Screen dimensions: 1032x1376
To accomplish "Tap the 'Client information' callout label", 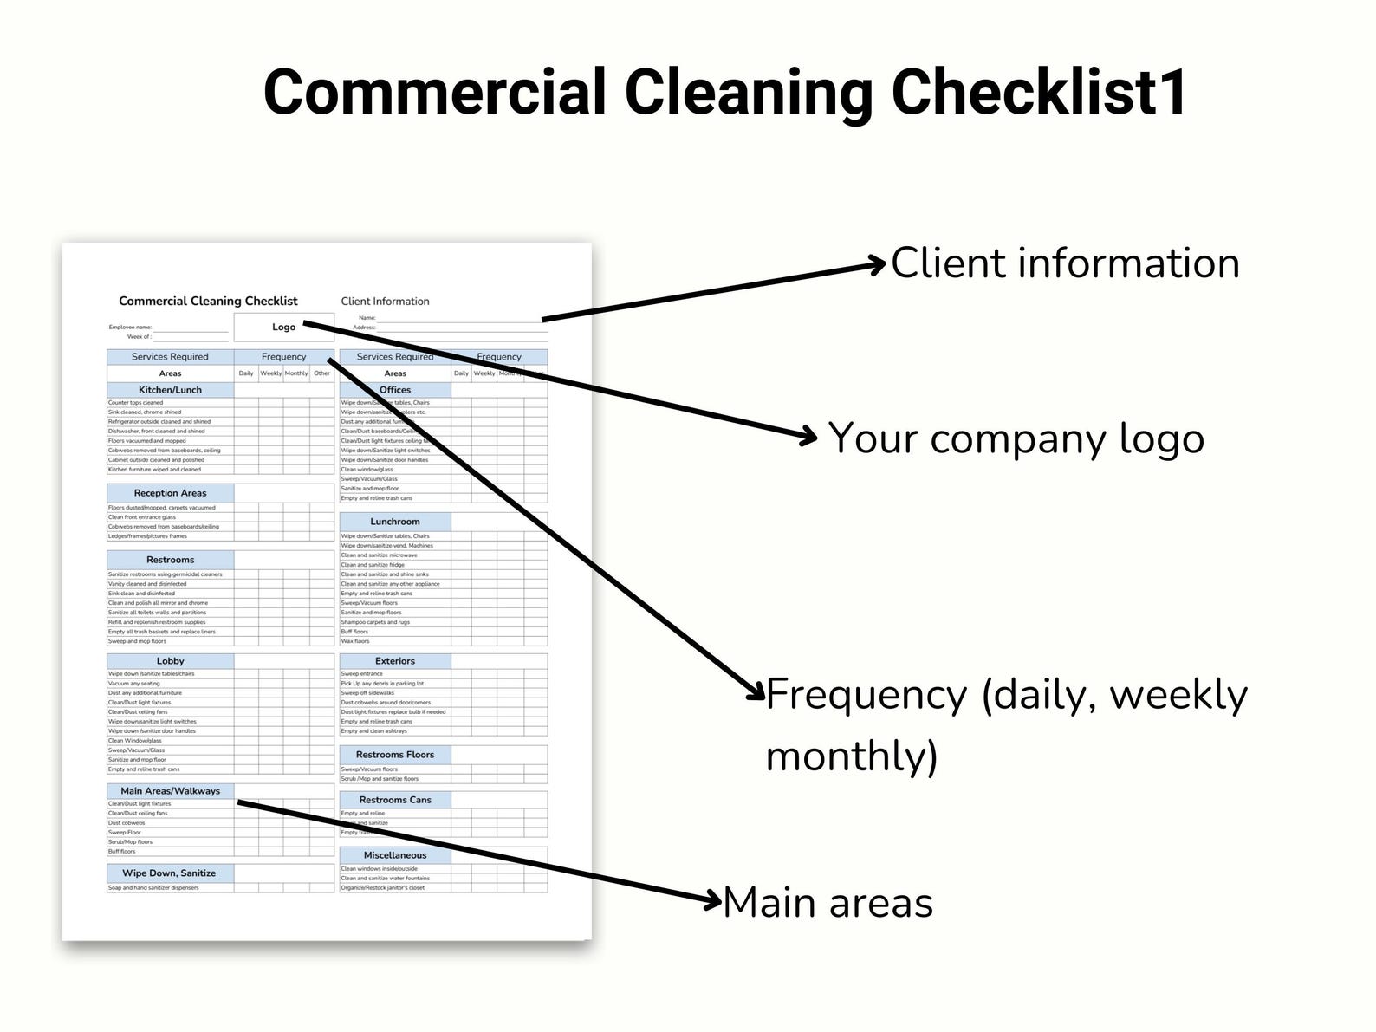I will coord(1065,263).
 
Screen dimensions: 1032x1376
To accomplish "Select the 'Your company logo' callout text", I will coord(1016,438).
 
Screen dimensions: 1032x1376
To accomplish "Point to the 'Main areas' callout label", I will coord(828,903).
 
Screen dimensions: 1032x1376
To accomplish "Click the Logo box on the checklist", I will coord(283,328).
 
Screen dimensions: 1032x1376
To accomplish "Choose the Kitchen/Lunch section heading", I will coord(170,390).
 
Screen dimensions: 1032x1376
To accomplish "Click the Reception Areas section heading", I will coord(170,493).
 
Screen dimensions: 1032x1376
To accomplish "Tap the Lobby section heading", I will coord(170,661).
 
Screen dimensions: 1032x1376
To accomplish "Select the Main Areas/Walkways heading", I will coord(170,791).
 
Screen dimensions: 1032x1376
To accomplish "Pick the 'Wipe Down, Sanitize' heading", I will coord(169,873).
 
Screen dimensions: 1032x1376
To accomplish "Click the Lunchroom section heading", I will coord(395,522).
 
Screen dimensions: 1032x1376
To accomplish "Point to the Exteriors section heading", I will coord(395,661).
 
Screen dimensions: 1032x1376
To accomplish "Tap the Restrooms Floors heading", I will coord(395,755).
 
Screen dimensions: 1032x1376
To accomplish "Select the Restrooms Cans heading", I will coord(395,800).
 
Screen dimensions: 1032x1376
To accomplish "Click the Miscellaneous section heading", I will coord(395,855).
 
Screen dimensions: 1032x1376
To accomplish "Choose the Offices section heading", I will coord(395,390).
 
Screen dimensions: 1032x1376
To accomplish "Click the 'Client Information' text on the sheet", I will coord(385,302).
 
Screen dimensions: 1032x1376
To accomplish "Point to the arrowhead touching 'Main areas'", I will coord(713,901).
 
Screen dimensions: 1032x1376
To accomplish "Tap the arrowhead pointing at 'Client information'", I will coord(880,263).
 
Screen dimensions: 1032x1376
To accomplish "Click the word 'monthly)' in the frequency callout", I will coord(852,756).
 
